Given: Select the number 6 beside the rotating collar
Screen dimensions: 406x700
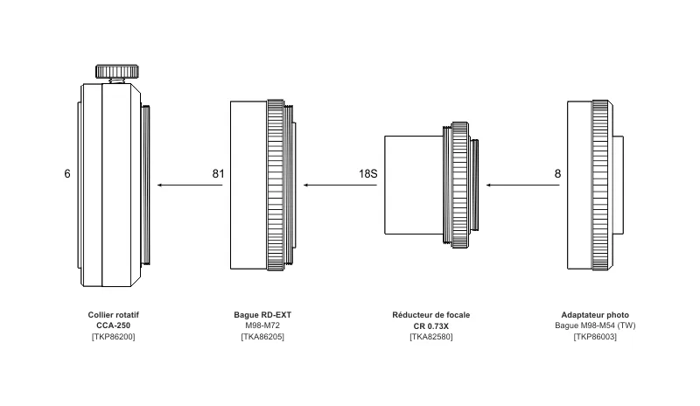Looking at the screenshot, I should click(x=67, y=174).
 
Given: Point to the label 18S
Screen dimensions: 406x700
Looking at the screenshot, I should click(x=367, y=174).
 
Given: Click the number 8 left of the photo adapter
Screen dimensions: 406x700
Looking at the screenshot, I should click(x=557, y=174).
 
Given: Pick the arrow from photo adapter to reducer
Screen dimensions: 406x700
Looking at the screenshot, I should click(x=517, y=185).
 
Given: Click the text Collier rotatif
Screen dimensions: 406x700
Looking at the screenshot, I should click(x=114, y=315).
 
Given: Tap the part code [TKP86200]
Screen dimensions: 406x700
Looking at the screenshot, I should click(x=114, y=336).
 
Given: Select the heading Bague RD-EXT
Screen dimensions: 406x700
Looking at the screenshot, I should click(x=262, y=315).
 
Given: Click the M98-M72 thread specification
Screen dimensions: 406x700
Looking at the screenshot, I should click(x=262, y=325).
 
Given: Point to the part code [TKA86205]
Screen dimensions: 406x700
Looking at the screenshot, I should click(x=262, y=336).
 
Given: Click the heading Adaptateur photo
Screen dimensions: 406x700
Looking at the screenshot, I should click(x=595, y=315).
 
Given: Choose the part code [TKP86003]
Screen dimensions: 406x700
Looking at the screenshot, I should click(x=595, y=336).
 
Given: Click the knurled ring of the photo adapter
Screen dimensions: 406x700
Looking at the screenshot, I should click(x=600, y=185).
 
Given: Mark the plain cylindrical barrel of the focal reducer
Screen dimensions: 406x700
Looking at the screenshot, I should click(x=413, y=185).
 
